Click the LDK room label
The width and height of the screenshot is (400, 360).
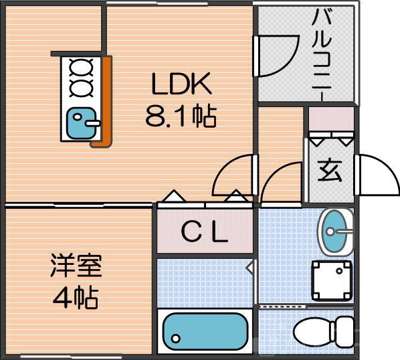coord(181,86)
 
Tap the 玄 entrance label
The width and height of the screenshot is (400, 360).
coord(330,171)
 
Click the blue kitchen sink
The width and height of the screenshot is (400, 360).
coord(82,123)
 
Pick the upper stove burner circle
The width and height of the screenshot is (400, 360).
coord(82,67)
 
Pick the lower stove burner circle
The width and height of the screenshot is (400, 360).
coord(82,87)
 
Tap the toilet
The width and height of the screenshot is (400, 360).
coord(324,331)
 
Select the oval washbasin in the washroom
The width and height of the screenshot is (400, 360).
coord(334,232)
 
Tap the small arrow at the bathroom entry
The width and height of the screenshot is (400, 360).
coord(249,268)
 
